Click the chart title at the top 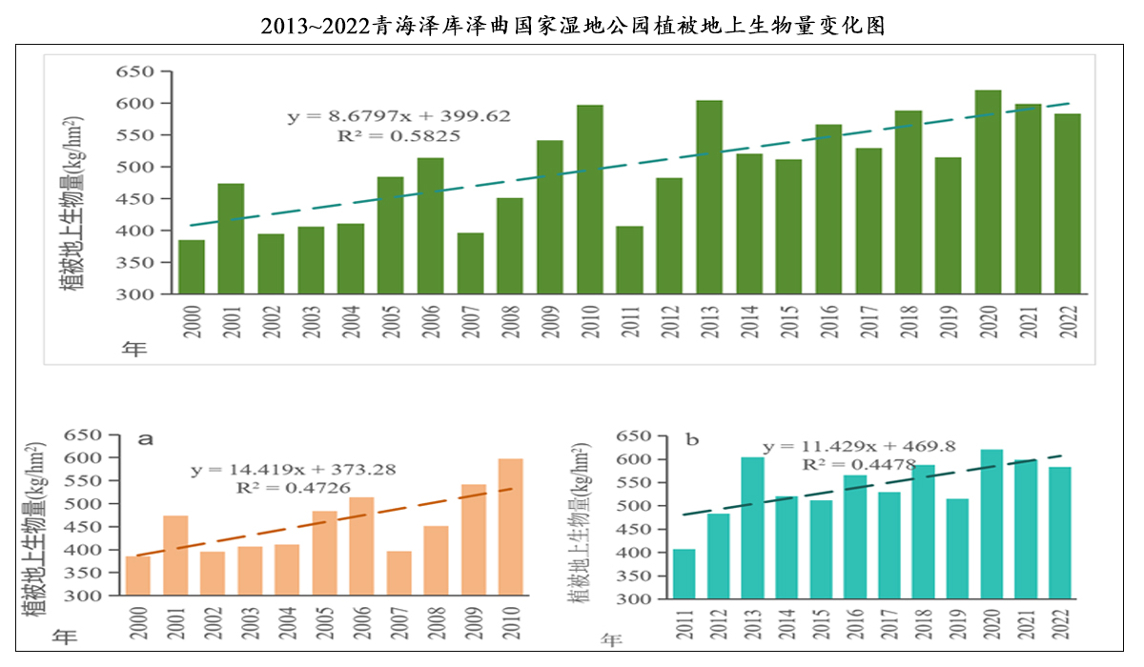[573, 26]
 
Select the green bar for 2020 [988, 192]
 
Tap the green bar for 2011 [629, 259]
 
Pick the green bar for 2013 [708, 196]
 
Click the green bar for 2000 [192, 267]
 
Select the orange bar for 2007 [398, 573]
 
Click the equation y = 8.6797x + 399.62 [399, 116]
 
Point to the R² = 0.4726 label [294, 488]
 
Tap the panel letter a [146, 439]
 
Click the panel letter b [693, 440]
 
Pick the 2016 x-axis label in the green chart [829, 325]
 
